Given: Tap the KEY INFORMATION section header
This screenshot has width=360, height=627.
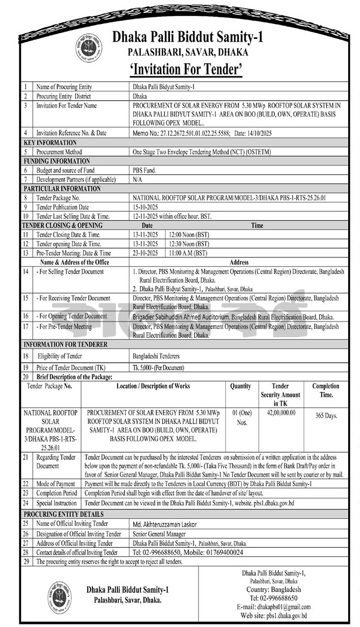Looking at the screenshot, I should pos(50,143).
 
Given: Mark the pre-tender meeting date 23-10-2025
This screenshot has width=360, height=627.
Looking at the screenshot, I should pos(145,253).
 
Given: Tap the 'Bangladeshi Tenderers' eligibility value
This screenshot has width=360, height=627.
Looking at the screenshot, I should pos(156,356).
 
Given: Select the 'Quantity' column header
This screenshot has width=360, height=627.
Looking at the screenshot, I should pos(241,386).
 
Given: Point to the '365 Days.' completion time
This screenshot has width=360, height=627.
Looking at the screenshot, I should pos(325,416).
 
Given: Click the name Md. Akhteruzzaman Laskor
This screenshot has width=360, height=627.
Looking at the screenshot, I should pos(164,524).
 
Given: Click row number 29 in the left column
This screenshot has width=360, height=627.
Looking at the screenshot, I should pos(25,562).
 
